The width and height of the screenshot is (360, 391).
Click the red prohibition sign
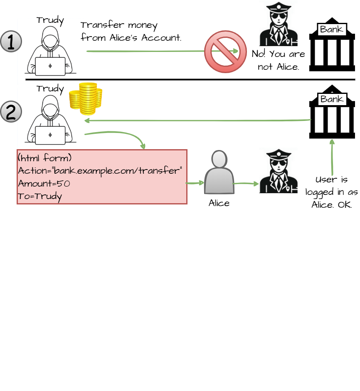tap(224, 52)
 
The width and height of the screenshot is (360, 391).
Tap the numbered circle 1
tap(12, 42)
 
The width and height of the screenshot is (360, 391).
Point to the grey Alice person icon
tap(219, 172)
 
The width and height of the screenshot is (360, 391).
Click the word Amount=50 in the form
tap(41, 184)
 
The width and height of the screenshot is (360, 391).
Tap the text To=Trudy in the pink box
tap(40, 197)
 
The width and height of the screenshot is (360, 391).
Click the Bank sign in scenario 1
tap(332, 29)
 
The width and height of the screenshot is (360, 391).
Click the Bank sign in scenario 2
tap(332, 99)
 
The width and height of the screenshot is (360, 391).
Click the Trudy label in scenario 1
tap(50, 20)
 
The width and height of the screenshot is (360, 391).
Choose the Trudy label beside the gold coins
tap(50, 89)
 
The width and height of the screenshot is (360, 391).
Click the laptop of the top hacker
tap(50, 66)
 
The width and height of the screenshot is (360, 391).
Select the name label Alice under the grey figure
tap(219, 203)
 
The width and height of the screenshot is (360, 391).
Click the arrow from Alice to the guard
tap(245, 183)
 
